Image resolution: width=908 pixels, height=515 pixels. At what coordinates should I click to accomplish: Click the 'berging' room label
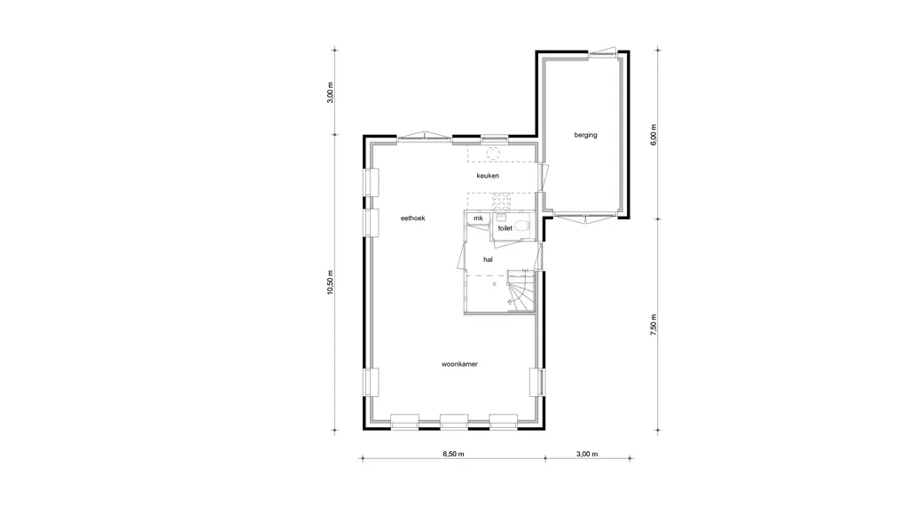pyautogui.click(x=585, y=135)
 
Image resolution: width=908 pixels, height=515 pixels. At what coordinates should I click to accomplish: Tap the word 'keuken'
pyautogui.click(x=488, y=176)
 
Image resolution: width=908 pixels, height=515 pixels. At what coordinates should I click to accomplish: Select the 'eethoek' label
pyautogui.click(x=413, y=218)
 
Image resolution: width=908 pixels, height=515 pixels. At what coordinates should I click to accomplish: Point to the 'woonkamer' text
pyautogui.click(x=459, y=364)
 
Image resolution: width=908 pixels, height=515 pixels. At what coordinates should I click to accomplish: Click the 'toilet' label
pyautogui.click(x=505, y=228)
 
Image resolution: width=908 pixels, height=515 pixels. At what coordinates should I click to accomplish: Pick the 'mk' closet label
pyautogui.click(x=478, y=218)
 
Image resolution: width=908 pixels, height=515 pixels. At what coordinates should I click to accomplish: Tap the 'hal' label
pyautogui.click(x=489, y=260)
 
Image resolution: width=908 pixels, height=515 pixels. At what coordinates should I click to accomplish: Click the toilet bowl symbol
pyautogui.click(x=521, y=226)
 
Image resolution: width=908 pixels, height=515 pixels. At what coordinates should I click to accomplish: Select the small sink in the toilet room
pyautogui.click(x=501, y=217)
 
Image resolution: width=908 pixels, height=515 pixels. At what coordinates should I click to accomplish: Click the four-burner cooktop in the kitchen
pyautogui.click(x=502, y=202)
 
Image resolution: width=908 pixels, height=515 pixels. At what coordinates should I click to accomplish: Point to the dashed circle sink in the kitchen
pyautogui.click(x=493, y=154)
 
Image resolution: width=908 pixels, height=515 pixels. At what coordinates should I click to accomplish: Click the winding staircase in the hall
pyautogui.click(x=521, y=291)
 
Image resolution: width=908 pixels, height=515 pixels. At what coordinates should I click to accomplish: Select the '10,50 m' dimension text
pyautogui.click(x=331, y=282)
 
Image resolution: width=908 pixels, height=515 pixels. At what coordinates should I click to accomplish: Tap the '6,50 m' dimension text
pyautogui.click(x=453, y=454)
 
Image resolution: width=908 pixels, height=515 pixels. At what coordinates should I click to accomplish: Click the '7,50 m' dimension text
pyautogui.click(x=654, y=325)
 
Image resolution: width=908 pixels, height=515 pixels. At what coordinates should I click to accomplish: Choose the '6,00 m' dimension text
pyautogui.click(x=654, y=135)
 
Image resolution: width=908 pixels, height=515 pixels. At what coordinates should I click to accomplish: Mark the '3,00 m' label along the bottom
pyautogui.click(x=587, y=454)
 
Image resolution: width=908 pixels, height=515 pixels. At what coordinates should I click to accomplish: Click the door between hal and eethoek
pyautogui.click(x=462, y=256)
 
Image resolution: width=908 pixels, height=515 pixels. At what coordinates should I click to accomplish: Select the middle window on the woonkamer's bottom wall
pyautogui.click(x=454, y=421)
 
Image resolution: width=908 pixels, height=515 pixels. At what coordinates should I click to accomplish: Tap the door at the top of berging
pyautogui.click(x=603, y=52)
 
